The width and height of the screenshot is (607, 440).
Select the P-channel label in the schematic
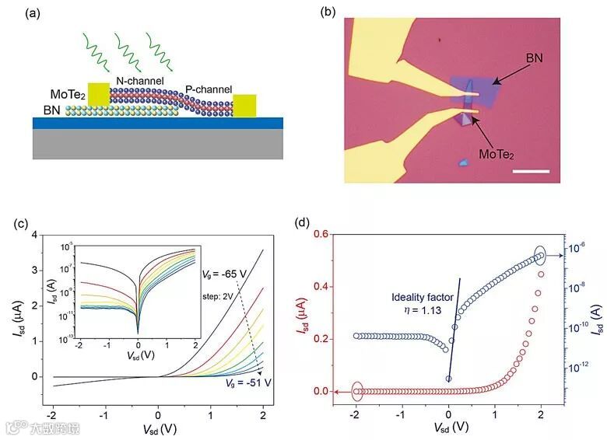tap(208, 89)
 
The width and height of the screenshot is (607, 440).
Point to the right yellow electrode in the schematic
tap(244, 106)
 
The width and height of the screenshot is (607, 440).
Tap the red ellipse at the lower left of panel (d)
tap(357, 392)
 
